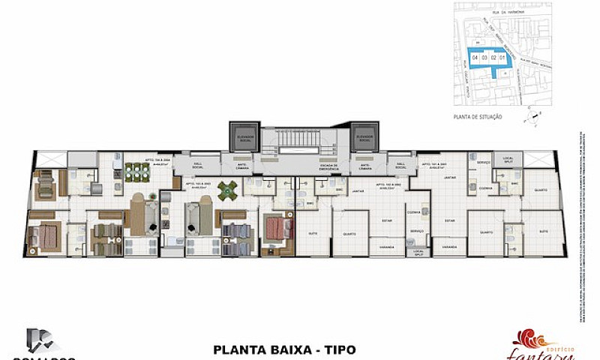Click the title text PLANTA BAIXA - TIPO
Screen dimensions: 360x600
284,349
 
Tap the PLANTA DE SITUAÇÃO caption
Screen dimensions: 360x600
478,117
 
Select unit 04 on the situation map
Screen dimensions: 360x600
475,56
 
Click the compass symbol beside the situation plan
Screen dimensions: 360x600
532,113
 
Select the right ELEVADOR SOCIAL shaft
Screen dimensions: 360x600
364,138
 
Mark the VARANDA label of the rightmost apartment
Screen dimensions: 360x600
450,245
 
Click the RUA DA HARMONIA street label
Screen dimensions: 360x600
499,11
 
